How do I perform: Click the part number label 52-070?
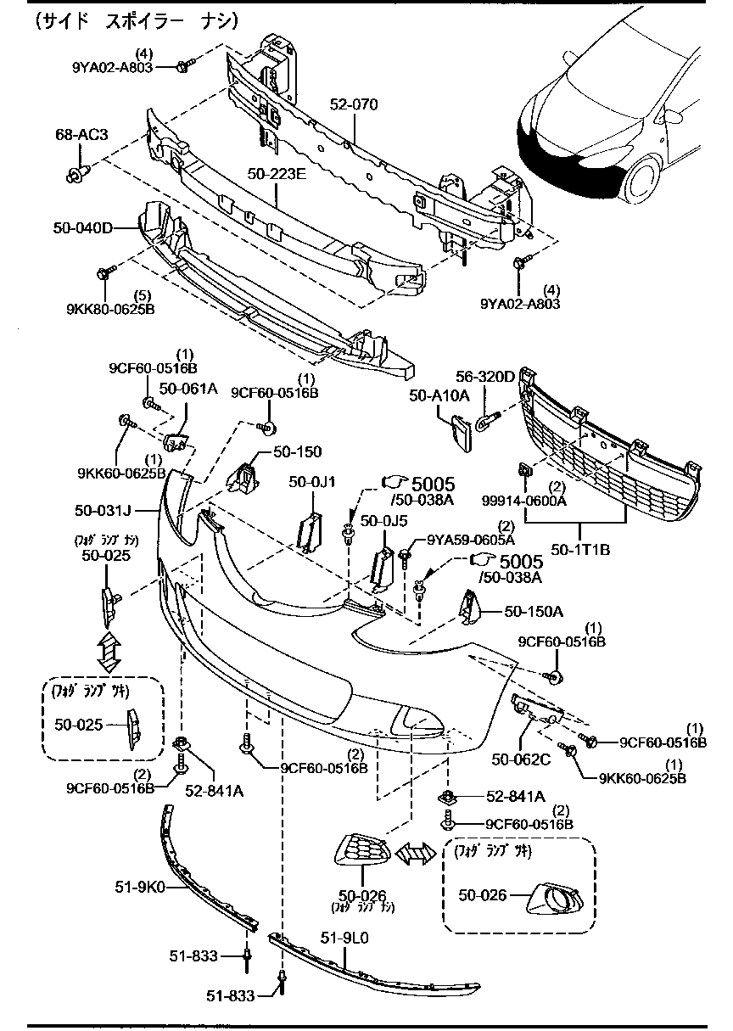(354, 104)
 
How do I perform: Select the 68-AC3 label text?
(81, 135)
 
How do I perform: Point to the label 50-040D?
(82, 227)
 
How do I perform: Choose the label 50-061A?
(188, 389)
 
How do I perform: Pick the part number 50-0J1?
(312, 482)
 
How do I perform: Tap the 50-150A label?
(534, 610)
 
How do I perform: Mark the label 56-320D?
(485, 376)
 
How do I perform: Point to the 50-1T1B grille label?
(580, 549)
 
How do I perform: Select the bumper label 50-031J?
(101, 510)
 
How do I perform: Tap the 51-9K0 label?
(140, 888)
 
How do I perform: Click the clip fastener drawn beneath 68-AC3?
(73, 175)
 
